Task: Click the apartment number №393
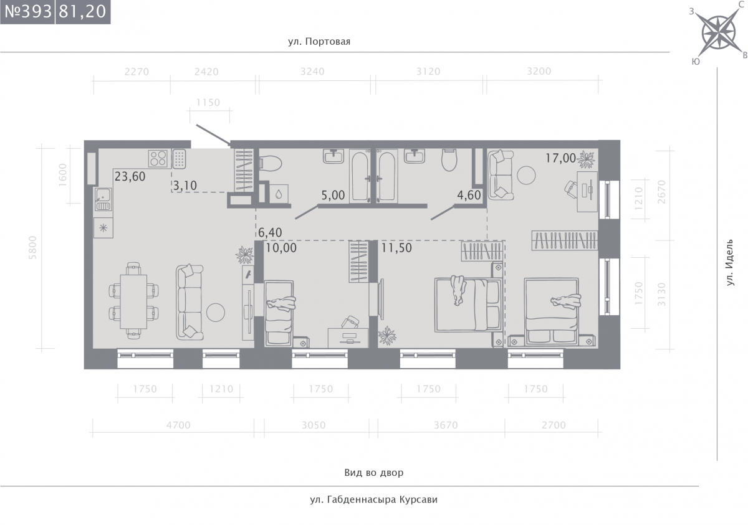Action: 28,11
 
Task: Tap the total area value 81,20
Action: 82,11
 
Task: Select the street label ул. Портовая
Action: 319,42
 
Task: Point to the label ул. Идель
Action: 730,262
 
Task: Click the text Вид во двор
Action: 373,473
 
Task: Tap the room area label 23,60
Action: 130,176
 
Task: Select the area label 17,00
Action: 560,158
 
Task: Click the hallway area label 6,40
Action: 270,232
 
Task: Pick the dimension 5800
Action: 32,247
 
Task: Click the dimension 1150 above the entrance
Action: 208,102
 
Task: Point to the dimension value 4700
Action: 178,425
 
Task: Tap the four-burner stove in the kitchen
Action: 158,158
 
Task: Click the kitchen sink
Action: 103,199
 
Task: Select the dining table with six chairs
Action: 133,301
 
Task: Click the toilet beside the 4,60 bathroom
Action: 449,160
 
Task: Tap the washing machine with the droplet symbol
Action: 279,194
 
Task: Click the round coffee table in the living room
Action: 216,312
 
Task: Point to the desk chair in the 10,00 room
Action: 350,322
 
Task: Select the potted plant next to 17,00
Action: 586,159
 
